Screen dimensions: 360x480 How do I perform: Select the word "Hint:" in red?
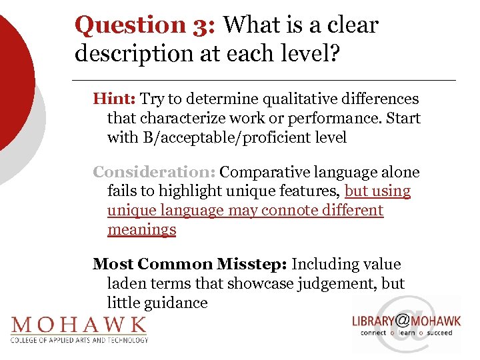[x=115, y=99]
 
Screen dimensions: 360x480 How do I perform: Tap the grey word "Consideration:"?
[x=153, y=172]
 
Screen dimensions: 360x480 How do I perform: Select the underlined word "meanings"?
[x=141, y=230]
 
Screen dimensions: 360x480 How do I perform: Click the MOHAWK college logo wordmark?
[x=79, y=325]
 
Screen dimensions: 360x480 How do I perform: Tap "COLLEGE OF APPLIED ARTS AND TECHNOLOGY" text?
[x=79, y=339]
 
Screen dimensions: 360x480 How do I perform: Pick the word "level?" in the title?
[x=312, y=53]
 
